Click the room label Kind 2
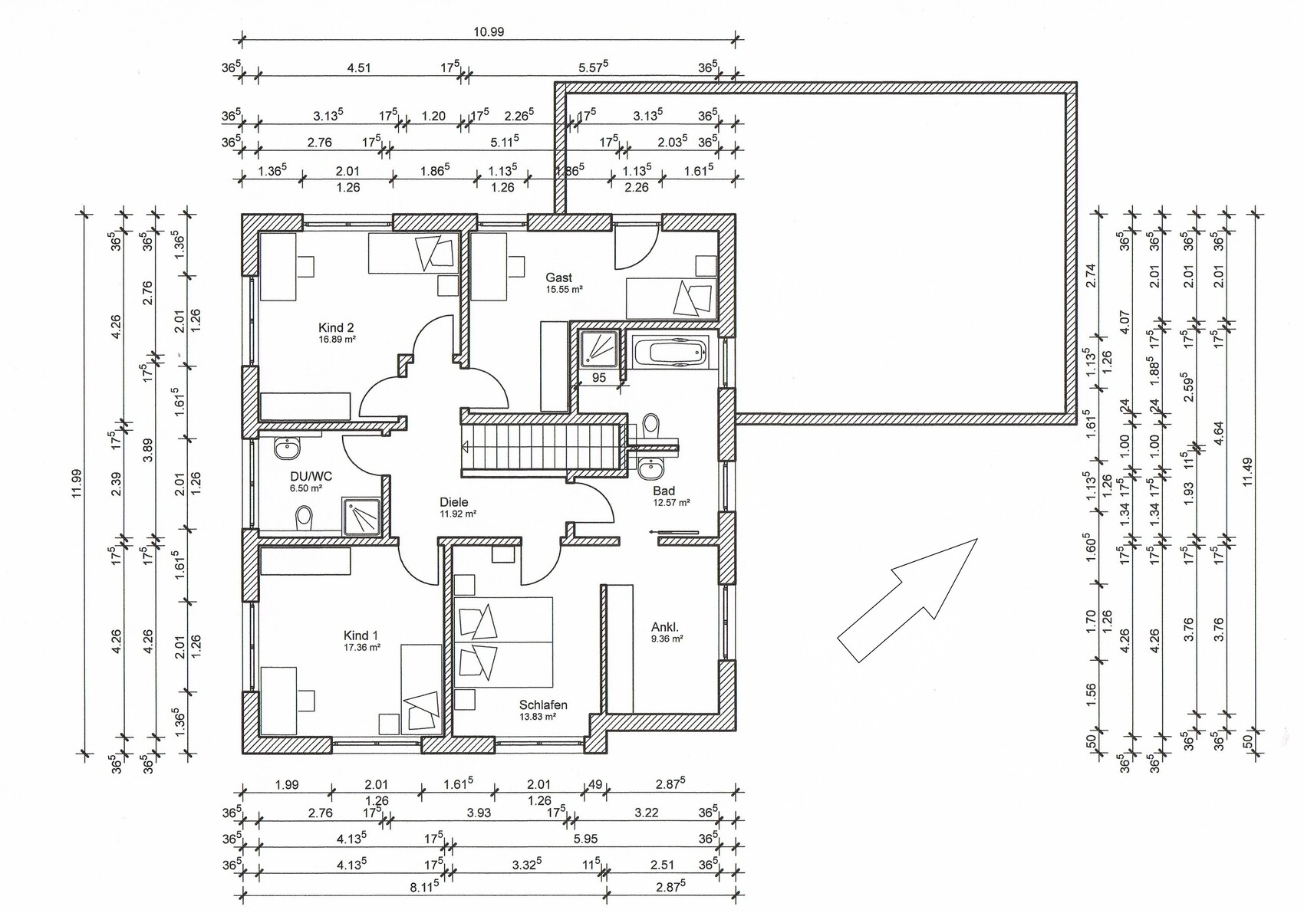pyautogui.click(x=336, y=327)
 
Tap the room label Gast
pyautogui.click(x=559, y=278)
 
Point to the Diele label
pyautogui.click(x=454, y=502)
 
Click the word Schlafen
pyautogui.click(x=543, y=704)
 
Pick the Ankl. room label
pyautogui.click(x=665, y=627)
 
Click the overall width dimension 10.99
pyautogui.click(x=489, y=32)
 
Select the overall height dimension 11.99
pyautogui.click(x=77, y=484)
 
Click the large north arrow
pyautogui.click(x=907, y=600)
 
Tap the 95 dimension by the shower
pyautogui.click(x=599, y=378)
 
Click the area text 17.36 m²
pyautogui.click(x=362, y=646)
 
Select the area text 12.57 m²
pyautogui.click(x=671, y=503)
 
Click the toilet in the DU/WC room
pyautogui.click(x=304, y=517)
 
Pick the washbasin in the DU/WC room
pyautogui.click(x=286, y=448)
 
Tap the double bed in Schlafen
pyautogui.click(x=503, y=642)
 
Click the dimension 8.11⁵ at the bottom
pyautogui.click(x=423, y=888)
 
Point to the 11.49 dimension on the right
pyautogui.click(x=1247, y=472)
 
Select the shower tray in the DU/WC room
pyautogui.click(x=361, y=517)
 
